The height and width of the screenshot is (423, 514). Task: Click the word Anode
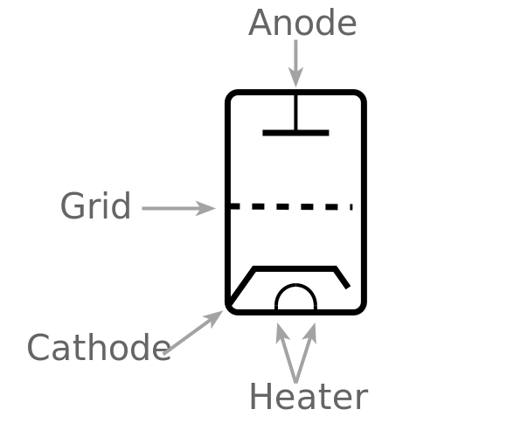(x=302, y=23)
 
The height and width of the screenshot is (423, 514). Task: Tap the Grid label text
(x=96, y=206)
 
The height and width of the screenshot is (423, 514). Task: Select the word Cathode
(x=99, y=347)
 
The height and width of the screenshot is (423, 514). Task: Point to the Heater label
(x=309, y=396)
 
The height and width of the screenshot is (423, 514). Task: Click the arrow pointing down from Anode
(x=295, y=64)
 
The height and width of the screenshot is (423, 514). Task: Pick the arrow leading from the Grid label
(x=178, y=208)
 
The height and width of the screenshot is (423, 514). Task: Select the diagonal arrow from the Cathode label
(x=193, y=332)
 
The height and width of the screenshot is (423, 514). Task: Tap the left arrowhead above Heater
(x=281, y=334)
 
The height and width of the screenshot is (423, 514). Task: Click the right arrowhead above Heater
(x=311, y=334)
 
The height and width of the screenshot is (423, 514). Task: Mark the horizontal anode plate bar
(x=295, y=133)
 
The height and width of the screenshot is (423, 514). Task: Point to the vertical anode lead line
(x=295, y=112)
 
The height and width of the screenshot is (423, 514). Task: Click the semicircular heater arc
(x=295, y=286)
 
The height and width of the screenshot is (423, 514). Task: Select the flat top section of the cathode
(x=295, y=268)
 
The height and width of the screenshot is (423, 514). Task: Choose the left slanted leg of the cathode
(x=242, y=286)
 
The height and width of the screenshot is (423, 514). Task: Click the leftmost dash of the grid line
(x=234, y=206)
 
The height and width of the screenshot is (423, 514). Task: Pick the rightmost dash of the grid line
(x=351, y=207)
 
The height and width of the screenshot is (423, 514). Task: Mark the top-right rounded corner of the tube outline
(x=361, y=95)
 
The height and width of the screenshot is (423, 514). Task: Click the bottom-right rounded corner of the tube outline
(x=361, y=309)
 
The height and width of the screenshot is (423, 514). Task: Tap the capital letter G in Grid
(x=71, y=206)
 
